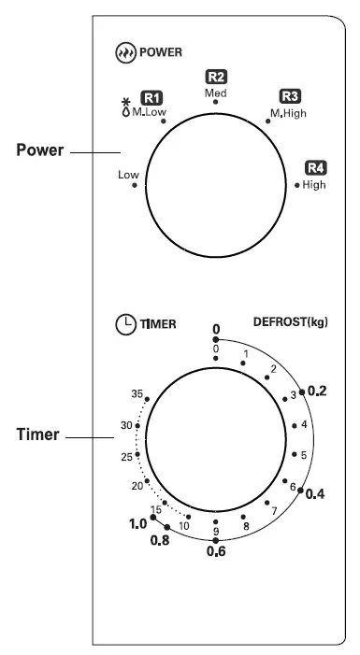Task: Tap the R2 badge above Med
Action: coord(216,78)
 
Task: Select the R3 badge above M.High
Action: coord(289,96)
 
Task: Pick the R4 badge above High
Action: coord(314,168)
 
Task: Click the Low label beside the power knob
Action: coord(128,175)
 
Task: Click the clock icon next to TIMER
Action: coord(124,325)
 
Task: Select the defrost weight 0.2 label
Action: coord(316,392)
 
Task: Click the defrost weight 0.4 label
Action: coord(316,493)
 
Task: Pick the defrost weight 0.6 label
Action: coord(216,551)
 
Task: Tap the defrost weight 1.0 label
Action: coord(137,524)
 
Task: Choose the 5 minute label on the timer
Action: coord(303,455)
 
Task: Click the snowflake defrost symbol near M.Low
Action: coord(126,104)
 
